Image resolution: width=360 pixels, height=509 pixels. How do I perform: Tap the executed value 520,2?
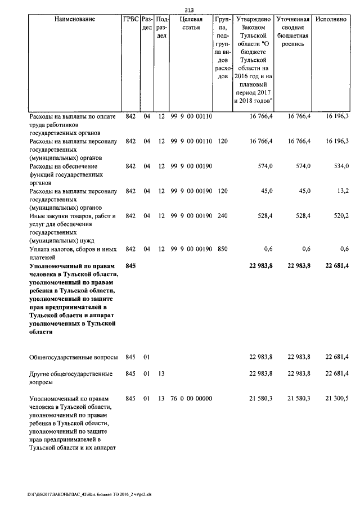[x=339, y=215]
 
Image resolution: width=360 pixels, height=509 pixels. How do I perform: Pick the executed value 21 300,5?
[x=335, y=398]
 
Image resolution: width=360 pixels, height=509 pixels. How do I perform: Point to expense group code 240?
[x=222, y=215]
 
